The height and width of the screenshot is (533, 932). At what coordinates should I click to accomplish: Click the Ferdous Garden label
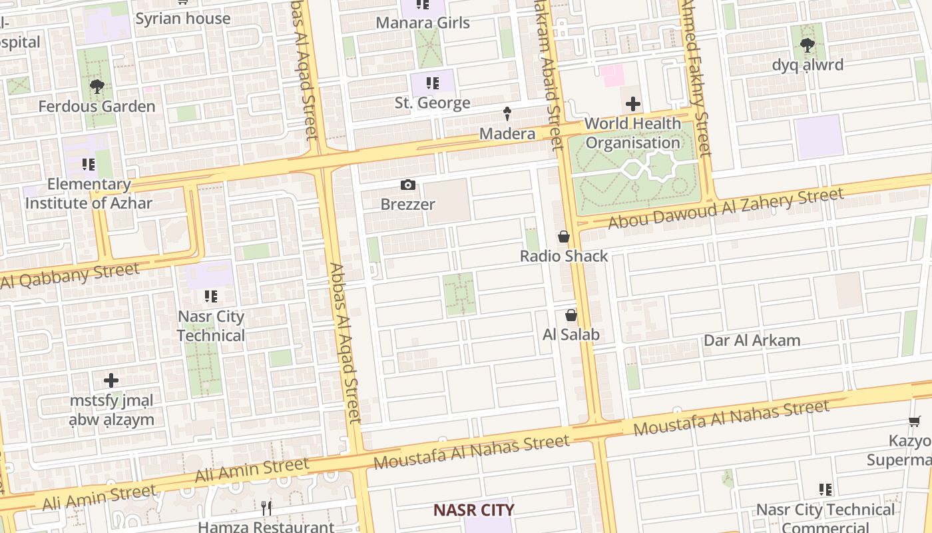coord(97,106)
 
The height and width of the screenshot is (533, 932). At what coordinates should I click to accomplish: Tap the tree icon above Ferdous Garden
coord(97,86)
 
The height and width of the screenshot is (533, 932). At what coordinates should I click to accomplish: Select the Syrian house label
coord(183,18)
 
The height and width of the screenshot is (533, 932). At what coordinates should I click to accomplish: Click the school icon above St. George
coord(433,83)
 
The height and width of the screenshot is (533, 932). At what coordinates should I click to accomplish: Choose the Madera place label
coord(507,134)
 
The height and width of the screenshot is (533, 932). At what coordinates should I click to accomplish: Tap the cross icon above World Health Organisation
coord(633,104)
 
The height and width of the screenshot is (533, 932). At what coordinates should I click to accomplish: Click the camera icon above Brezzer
coord(408,185)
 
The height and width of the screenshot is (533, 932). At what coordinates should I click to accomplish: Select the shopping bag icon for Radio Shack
coord(564,237)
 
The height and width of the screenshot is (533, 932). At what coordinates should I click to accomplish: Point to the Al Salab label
coord(571,334)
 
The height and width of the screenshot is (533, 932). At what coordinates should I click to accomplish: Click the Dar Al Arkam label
coord(752,340)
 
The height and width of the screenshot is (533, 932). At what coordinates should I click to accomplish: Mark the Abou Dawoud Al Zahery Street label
coord(726,208)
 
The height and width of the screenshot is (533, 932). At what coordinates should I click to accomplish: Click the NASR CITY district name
coord(474,510)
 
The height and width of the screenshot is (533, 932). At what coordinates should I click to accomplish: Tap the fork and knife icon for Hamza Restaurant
coord(266,508)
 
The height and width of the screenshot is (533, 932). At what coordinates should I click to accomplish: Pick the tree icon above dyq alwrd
coord(808,45)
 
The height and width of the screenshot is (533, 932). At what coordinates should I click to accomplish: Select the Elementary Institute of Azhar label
coord(89,194)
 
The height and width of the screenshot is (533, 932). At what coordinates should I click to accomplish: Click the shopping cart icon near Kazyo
coord(915,421)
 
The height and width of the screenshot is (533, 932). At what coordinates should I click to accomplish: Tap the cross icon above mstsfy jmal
coord(111,380)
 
